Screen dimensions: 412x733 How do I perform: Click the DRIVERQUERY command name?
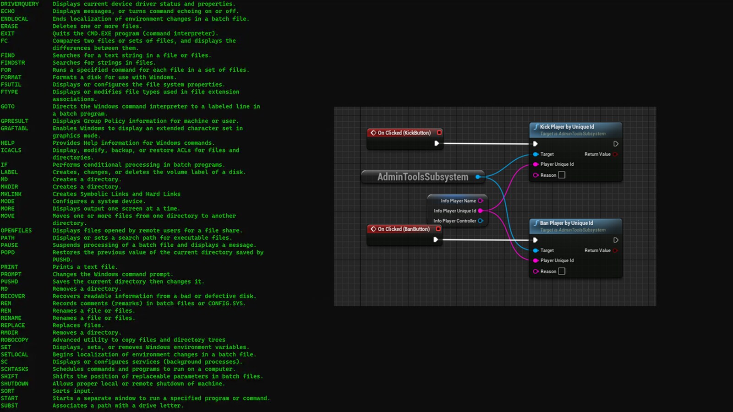(x=20, y=4)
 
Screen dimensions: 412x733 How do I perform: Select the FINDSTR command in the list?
(x=13, y=63)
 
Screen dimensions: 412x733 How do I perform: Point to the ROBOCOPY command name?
(x=15, y=340)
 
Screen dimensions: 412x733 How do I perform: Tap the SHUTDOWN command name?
(x=15, y=384)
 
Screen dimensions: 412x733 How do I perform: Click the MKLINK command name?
(x=11, y=194)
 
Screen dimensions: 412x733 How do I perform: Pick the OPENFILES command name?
(x=16, y=231)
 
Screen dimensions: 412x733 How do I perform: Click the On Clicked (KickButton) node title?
(x=404, y=133)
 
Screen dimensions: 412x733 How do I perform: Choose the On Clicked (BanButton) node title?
(x=403, y=229)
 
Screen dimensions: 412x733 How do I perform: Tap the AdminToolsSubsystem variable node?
(x=422, y=177)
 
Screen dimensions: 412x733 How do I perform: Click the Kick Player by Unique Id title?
(x=567, y=127)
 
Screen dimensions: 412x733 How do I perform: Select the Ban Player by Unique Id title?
(x=566, y=223)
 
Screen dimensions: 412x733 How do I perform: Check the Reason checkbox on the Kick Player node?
(x=562, y=175)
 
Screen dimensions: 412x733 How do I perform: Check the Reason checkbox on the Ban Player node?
(x=562, y=271)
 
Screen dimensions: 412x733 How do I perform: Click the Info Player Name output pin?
(x=481, y=201)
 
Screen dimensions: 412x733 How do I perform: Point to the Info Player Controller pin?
(x=481, y=221)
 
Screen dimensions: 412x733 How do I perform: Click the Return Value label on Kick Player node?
(x=597, y=154)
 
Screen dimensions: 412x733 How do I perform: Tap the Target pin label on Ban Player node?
(x=547, y=250)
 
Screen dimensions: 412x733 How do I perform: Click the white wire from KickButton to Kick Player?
(x=486, y=144)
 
